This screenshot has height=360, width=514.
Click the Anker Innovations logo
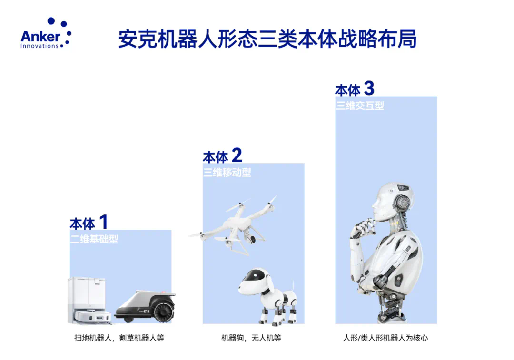pyautogui.click(x=46, y=33)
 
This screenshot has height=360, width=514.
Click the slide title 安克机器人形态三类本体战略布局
pyautogui.click(x=267, y=39)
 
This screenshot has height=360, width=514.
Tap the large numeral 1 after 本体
pyautogui.click(x=104, y=222)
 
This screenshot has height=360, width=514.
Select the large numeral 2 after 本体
pyautogui.click(x=237, y=155)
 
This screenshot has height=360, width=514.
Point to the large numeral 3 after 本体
pyautogui.click(x=369, y=88)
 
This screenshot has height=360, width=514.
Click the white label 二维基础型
pyautogui.click(x=94, y=239)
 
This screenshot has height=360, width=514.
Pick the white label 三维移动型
pyautogui.click(x=227, y=172)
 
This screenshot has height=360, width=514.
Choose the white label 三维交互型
pyautogui.click(x=360, y=106)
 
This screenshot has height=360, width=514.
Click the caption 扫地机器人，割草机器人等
pyautogui.click(x=119, y=338)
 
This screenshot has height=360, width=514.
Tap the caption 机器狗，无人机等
pyautogui.click(x=251, y=338)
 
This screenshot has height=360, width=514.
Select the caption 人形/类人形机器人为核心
pyautogui.click(x=385, y=338)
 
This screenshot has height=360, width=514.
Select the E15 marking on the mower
pyautogui.click(x=147, y=311)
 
